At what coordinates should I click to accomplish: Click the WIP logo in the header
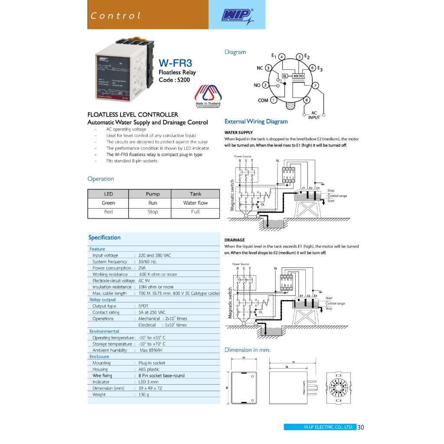(237, 16)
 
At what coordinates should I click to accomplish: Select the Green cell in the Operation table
(108, 203)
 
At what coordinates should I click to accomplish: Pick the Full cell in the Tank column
(195, 212)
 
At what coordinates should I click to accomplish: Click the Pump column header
(153, 194)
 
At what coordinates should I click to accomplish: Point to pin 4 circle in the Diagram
(281, 57)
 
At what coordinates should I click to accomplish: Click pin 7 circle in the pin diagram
(316, 85)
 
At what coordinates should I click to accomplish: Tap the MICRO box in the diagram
(298, 76)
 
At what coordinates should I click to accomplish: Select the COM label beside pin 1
(263, 101)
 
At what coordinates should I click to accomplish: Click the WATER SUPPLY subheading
(238, 133)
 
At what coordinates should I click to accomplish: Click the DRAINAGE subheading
(235, 240)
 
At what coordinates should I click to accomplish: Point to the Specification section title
(104, 238)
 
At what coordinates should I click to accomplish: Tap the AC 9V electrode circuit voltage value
(147, 281)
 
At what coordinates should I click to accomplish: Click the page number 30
(361, 428)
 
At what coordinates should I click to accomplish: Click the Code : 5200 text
(174, 80)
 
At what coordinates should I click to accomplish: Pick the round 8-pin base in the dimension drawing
(339, 385)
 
